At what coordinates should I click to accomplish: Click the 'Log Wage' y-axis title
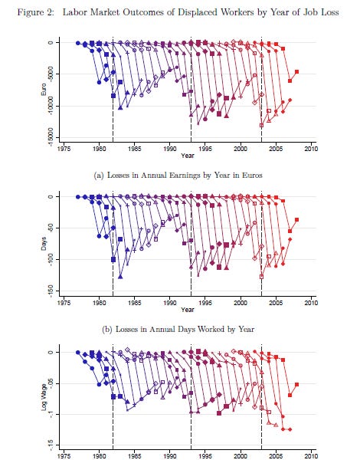click(x=28, y=399)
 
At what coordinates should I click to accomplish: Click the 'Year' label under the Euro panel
click(x=188, y=156)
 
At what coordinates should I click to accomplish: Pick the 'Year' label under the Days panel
click(x=188, y=310)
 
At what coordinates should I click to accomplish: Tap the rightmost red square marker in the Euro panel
click(x=296, y=72)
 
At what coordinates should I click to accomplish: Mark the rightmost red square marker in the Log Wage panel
click(x=296, y=385)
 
